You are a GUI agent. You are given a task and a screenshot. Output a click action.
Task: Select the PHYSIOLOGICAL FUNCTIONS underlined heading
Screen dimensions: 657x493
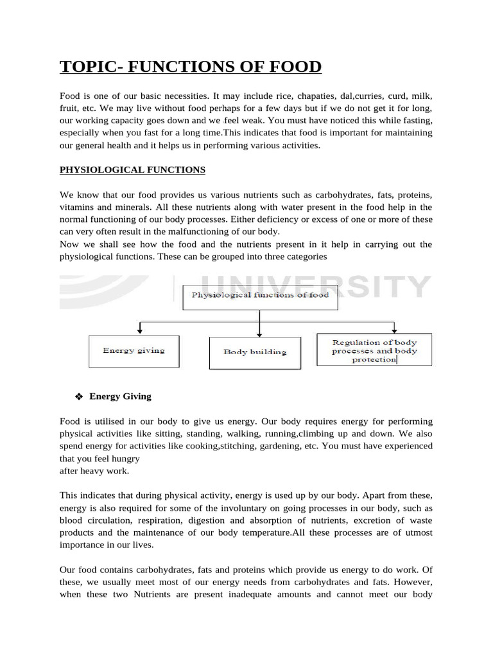[132, 170]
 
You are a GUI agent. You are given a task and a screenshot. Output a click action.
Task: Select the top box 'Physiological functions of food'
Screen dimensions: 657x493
[259, 295]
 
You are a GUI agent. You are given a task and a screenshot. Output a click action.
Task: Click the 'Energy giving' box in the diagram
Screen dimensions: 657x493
[134, 350]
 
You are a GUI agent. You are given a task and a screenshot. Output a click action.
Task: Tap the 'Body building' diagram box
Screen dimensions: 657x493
[255, 352]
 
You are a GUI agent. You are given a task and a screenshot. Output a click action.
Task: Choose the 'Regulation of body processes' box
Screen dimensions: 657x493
[374, 350]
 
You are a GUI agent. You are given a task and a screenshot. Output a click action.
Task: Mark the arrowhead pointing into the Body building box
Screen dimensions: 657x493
[259, 334]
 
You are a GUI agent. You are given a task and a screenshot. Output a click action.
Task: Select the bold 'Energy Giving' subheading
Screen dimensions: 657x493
[120, 397]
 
